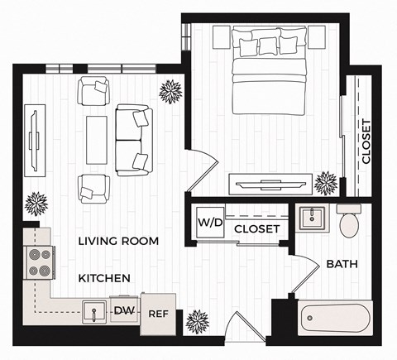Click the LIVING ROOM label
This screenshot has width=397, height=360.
[x=117, y=241]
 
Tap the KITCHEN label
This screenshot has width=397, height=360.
[x=104, y=278]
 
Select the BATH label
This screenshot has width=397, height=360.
[x=342, y=265]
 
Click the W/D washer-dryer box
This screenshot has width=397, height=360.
[x=208, y=224]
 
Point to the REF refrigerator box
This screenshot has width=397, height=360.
[x=159, y=314]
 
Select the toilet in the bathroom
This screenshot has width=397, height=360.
[x=348, y=221]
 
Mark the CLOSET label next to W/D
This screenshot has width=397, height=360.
[x=256, y=228]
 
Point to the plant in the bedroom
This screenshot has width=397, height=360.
[x=328, y=180]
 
